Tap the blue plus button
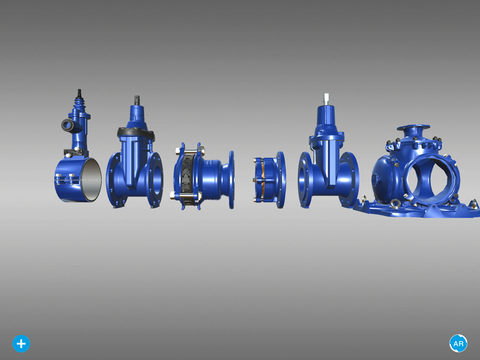coord(21,344)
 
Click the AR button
coord(458,344)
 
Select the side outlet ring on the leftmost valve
coord(67,125)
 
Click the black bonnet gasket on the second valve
coord(136,133)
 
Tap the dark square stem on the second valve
coord(137,100)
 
